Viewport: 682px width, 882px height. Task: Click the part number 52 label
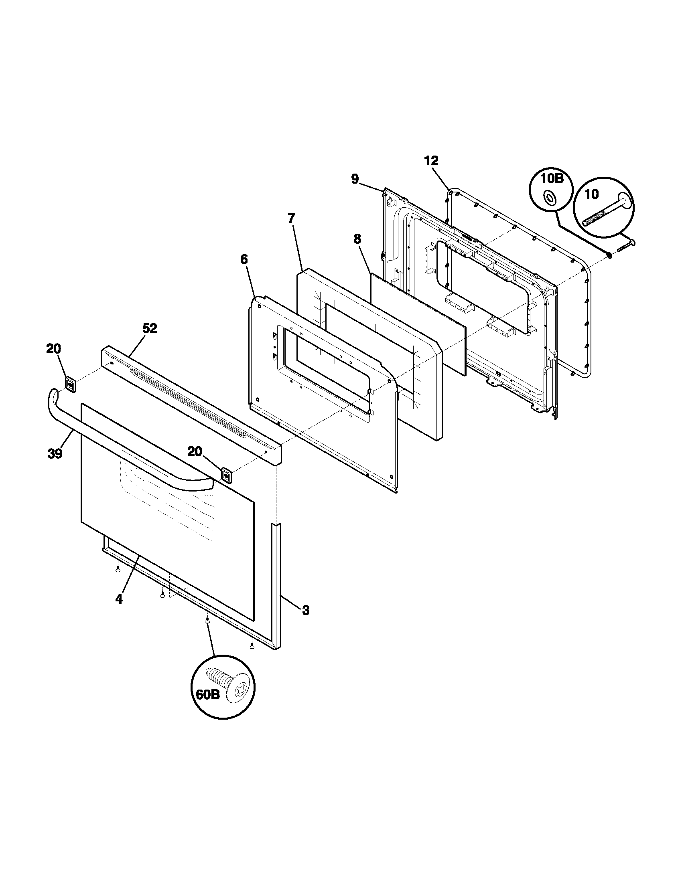150,328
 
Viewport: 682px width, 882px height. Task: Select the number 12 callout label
431,161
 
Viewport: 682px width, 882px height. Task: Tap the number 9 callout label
355,179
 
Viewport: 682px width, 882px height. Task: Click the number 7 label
291,218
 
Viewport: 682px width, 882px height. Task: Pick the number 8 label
357,239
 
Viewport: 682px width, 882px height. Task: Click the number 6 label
244,259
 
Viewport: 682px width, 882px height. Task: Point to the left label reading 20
53,348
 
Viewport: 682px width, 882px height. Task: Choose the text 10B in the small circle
552,178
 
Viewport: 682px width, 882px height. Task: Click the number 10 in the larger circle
591,194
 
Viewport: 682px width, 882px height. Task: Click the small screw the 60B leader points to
207,623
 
